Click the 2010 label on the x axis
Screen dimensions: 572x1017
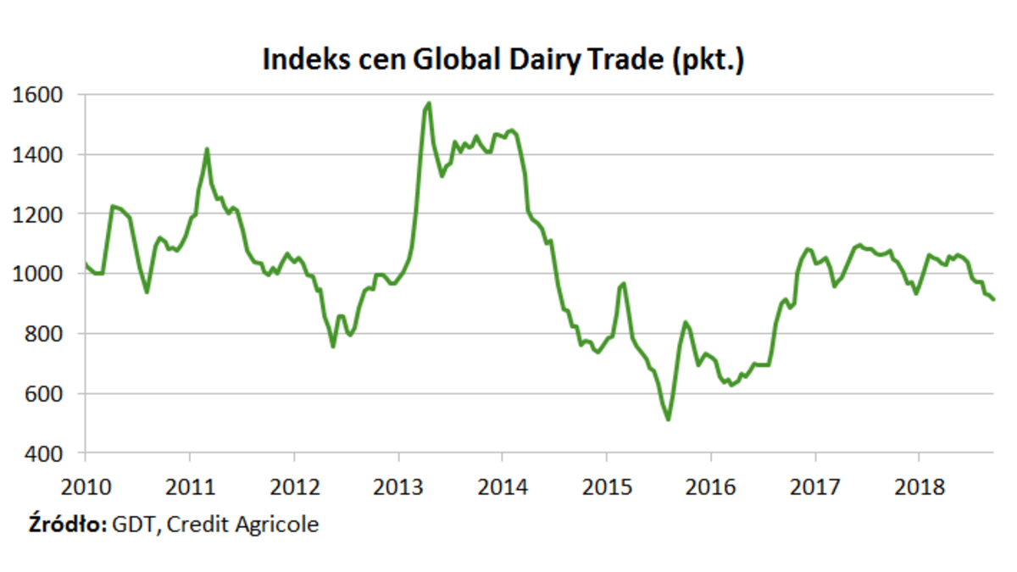(x=86, y=488)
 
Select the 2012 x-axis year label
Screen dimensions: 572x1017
(x=294, y=488)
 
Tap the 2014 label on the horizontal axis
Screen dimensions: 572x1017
(x=503, y=488)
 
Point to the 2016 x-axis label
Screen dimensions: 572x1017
(x=711, y=488)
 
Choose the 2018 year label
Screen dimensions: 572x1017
(x=920, y=488)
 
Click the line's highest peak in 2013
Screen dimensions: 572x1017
(x=429, y=103)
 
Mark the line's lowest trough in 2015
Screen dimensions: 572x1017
(x=669, y=419)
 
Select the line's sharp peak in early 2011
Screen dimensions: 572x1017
(x=207, y=150)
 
